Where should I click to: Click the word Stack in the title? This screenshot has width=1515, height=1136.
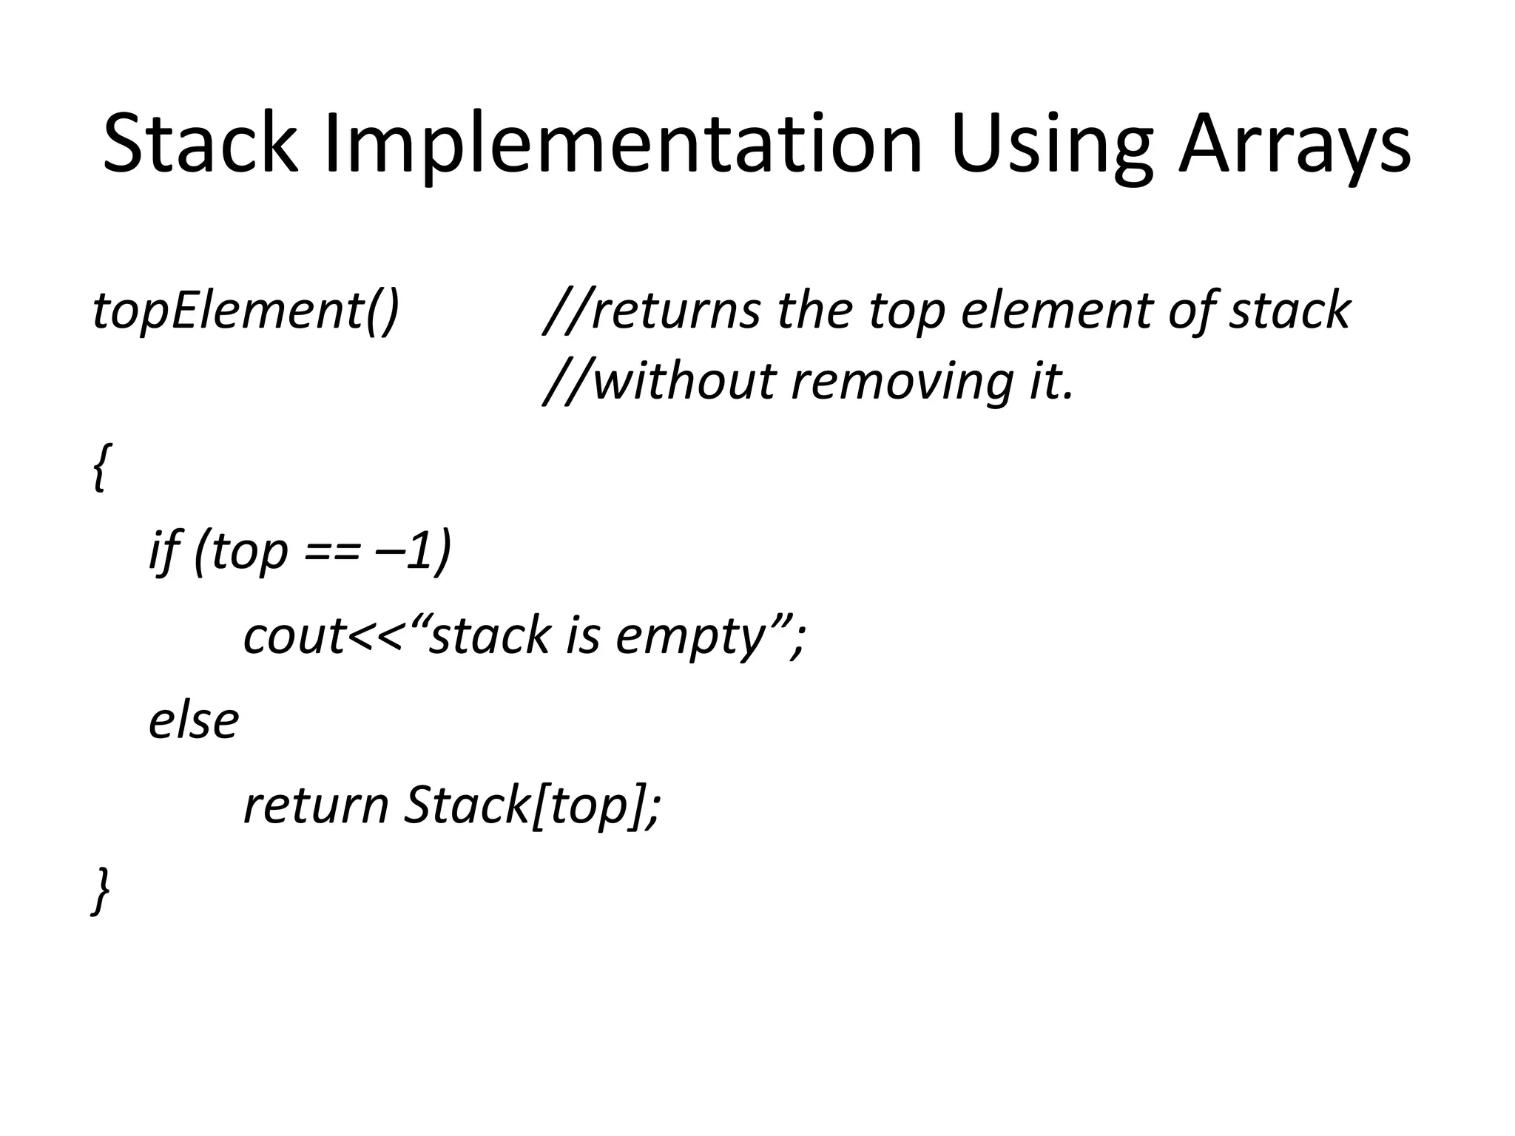point(200,144)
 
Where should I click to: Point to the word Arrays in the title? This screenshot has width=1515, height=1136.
point(1295,144)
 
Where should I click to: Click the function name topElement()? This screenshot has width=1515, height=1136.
point(246,311)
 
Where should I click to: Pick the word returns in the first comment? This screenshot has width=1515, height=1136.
point(675,311)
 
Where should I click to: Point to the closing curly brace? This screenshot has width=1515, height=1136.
point(101,891)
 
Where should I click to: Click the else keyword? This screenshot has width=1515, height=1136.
point(194,721)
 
